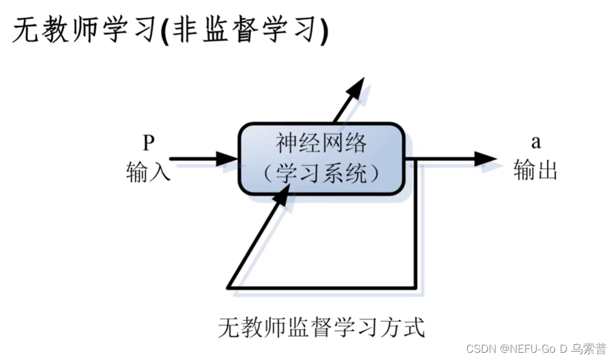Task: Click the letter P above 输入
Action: tap(149, 143)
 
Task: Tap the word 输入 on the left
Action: tap(148, 172)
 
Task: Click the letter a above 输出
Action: tap(535, 143)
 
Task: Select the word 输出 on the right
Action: tap(535, 171)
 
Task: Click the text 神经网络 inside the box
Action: tap(321, 144)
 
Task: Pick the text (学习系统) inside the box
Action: tap(321, 173)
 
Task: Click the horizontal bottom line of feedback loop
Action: tap(325, 287)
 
